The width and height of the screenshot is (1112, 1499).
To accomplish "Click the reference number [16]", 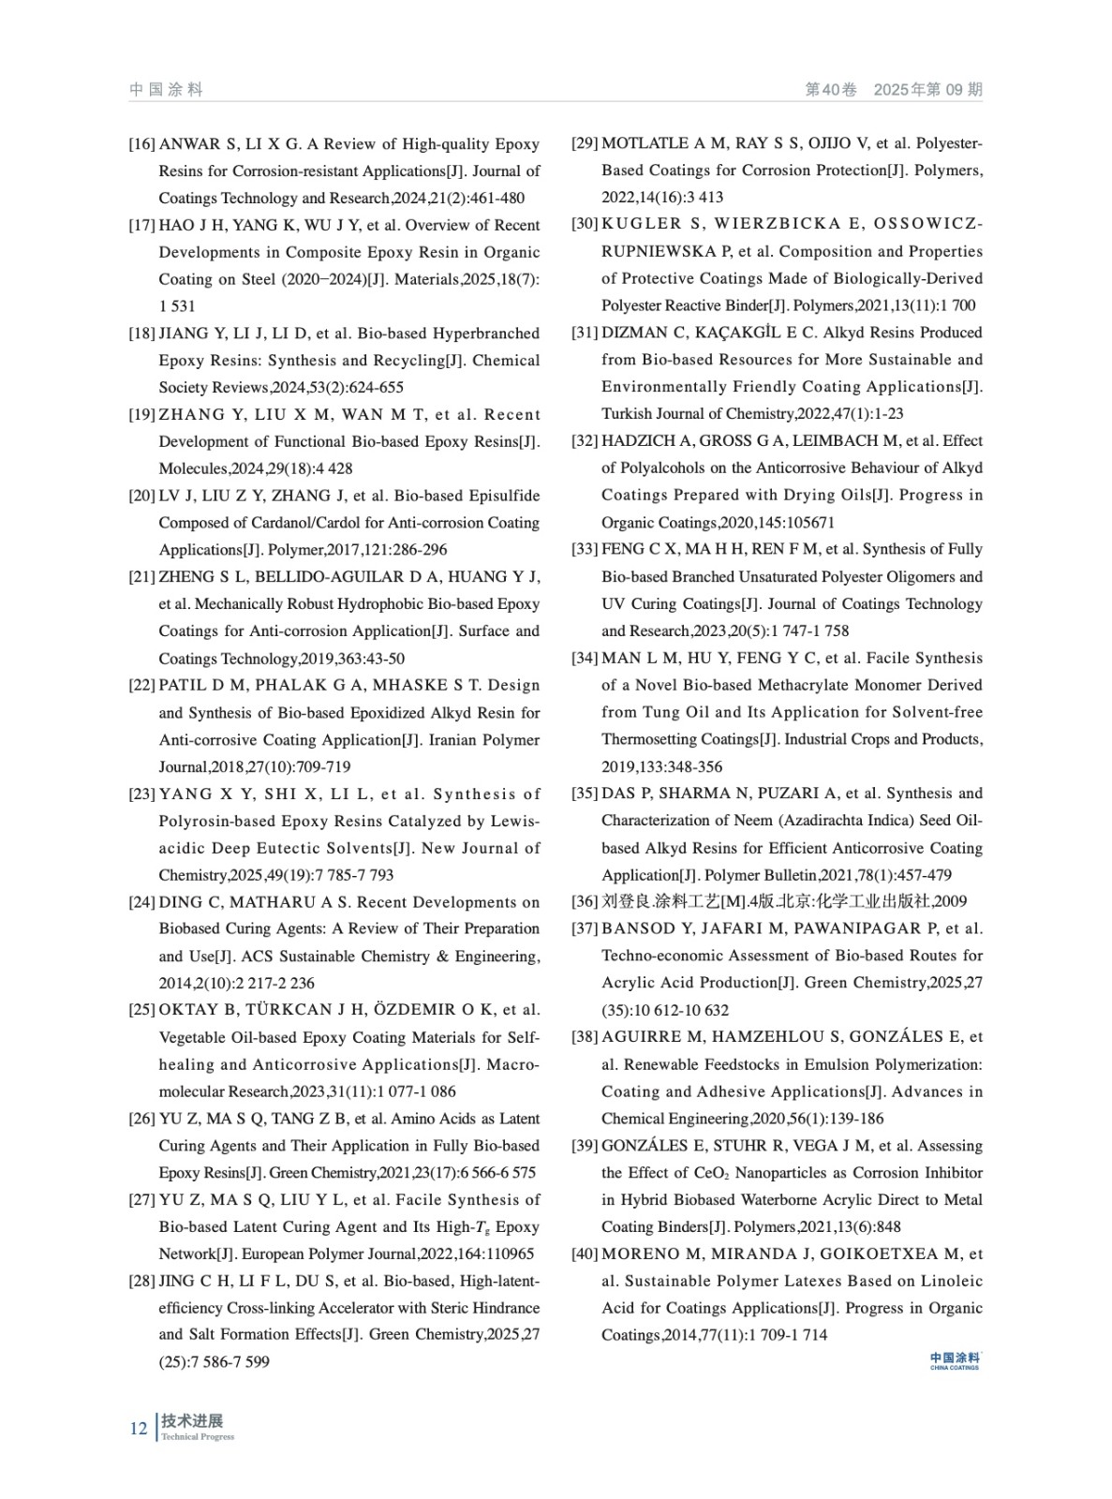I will click(141, 144).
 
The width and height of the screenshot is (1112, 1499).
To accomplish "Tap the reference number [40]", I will click(585, 1254).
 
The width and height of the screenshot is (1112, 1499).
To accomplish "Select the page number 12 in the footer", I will click(139, 1428).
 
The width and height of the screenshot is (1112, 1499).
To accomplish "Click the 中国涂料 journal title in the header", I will click(166, 90).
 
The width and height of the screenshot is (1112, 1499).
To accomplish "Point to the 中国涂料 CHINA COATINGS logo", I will click(955, 1360).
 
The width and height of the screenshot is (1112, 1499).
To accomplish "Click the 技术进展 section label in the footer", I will click(192, 1421).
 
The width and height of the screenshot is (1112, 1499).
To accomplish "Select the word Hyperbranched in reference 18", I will click(493, 334).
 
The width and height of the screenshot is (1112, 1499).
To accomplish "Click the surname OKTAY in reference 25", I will click(185, 1010).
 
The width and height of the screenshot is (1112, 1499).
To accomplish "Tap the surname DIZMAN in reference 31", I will click(631, 333).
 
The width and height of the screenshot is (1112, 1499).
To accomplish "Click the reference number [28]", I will click(141, 1281).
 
